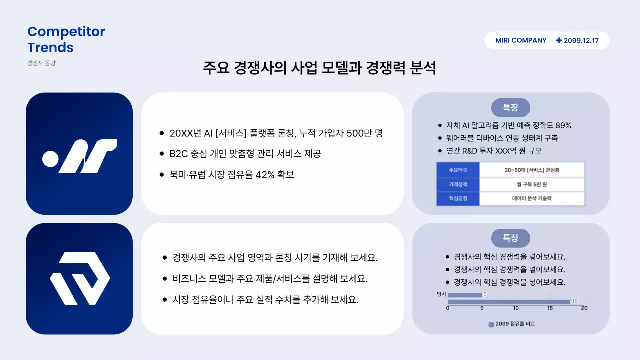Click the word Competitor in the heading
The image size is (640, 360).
pos(66,32)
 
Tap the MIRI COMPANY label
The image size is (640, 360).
pos(521,40)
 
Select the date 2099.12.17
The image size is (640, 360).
pos(581,41)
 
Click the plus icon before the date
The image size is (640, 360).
pos(559,40)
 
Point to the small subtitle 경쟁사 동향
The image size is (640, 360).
pos(41,63)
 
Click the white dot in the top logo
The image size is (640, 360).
pos(51,158)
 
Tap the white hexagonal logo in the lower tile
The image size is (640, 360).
pos(80,278)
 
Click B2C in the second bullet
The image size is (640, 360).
pos(178,154)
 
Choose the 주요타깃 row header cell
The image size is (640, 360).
pos(458,170)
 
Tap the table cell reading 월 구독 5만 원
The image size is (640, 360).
pos(532,184)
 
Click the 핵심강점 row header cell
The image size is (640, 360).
pos(458,198)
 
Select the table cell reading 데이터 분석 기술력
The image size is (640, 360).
pos(532,198)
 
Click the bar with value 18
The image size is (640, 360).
pos(509,301)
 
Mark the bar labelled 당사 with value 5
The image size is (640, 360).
pos(465,295)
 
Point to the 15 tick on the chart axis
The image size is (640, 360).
pos(550,308)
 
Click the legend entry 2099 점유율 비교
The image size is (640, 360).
pos(512,324)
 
